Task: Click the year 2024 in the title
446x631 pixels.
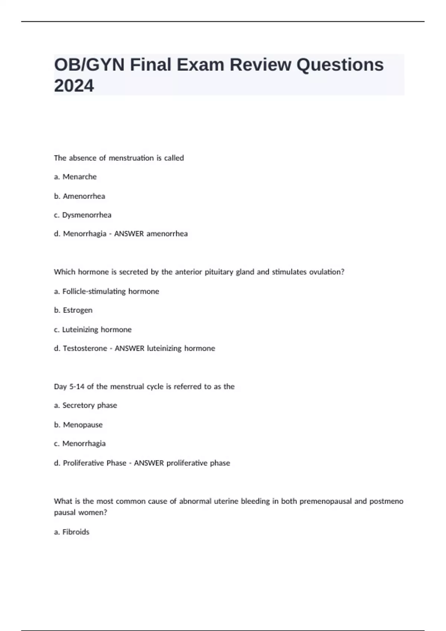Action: [x=74, y=86]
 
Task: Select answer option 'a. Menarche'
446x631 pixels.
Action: [x=75, y=177]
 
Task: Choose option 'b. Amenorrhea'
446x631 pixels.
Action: [x=79, y=196]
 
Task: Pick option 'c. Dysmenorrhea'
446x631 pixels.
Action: [x=83, y=215]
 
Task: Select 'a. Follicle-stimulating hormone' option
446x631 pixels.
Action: [x=106, y=291]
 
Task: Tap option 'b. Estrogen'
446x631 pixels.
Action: [x=73, y=310]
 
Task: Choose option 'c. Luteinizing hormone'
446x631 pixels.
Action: [x=93, y=330]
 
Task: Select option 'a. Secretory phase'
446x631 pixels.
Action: [x=85, y=405]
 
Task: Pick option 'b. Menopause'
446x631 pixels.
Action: [x=78, y=425]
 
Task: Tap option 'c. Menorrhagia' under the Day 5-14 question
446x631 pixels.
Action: [x=80, y=444]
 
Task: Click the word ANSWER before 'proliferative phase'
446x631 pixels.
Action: [x=149, y=463]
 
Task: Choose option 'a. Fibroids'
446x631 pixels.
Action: [x=71, y=532]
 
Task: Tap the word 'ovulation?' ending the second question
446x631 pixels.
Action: [x=327, y=272]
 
